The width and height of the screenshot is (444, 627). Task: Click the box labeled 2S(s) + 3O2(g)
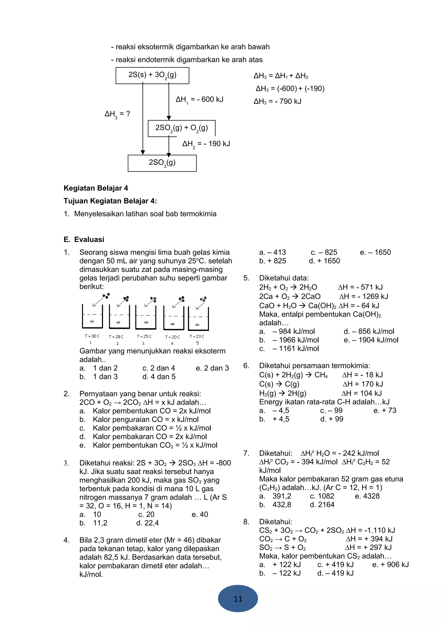click(152, 75)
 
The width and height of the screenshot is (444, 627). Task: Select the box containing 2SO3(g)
click(162, 163)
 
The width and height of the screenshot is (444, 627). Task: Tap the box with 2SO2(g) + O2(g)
click(181, 128)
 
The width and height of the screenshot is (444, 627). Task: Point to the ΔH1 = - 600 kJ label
click(199, 100)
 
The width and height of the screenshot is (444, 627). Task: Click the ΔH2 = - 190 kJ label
click(206, 144)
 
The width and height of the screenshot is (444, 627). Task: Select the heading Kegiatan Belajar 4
click(96, 188)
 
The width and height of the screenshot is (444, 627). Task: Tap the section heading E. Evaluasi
click(84, 240)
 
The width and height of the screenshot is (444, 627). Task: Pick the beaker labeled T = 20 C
click(173, 318)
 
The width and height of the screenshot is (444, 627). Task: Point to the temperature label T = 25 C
click(144, 336)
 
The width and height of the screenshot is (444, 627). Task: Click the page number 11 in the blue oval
click(238, 599)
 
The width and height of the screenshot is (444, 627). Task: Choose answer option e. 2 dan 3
click(212, 368)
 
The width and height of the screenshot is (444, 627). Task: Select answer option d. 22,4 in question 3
click(147, 523)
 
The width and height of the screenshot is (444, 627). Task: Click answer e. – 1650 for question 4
click(375, 252)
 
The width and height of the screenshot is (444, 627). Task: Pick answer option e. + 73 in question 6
click(385, 410)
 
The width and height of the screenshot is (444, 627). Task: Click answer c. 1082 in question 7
click(322, 496)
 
